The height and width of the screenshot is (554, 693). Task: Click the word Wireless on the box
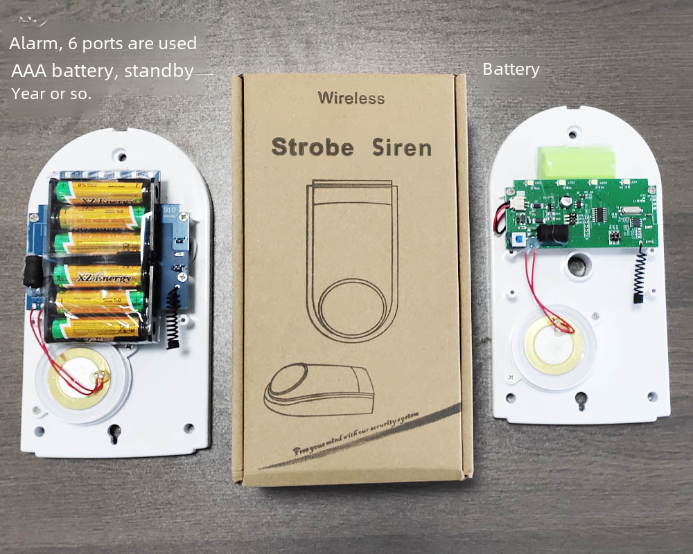coord(351,98)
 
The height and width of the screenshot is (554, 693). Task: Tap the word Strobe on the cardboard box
coord(312,147)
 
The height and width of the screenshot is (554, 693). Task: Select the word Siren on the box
coord(402,147)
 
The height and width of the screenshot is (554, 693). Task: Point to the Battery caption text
coord(511,69)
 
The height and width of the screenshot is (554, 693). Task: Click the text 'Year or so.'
coord(51,93)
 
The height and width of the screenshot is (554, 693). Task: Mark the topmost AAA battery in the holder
coord(100,189)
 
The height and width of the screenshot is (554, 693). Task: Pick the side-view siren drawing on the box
coord(319,390)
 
